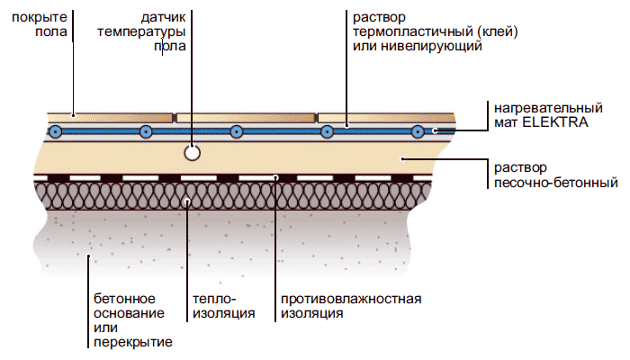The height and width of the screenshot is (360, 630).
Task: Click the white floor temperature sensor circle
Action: [191, 152]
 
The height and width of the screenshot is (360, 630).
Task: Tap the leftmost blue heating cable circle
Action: [56, 131]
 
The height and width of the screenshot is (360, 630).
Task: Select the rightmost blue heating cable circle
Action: [418, 132]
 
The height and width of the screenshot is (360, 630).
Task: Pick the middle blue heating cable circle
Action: [236, 131]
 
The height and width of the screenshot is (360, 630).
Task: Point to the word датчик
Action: [163, 17]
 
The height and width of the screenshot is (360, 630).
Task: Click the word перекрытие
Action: [133, 342]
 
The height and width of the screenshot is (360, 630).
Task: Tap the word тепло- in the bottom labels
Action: [213, 299]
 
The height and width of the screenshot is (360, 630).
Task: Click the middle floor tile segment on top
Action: [246, 117]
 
